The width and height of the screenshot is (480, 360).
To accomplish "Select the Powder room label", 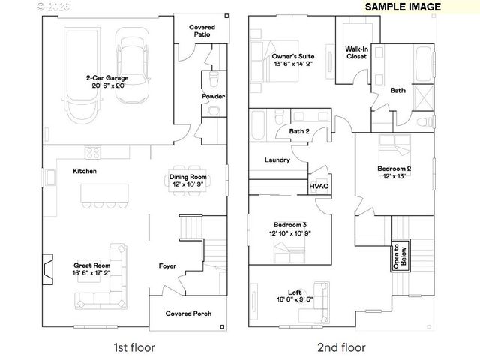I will [213, 97].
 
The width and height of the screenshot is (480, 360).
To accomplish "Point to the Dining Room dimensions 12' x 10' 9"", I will [187, 184].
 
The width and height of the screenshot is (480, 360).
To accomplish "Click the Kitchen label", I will [84, 172].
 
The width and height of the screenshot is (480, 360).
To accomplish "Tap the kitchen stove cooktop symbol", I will [94, 152].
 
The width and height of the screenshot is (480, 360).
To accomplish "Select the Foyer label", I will [167, 265].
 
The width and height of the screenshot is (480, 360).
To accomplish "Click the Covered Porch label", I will [188, 313].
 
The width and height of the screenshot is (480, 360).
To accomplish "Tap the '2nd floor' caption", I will [341, 347].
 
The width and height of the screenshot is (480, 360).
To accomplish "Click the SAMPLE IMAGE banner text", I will [403, 7].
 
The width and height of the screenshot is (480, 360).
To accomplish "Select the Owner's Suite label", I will [292, 56].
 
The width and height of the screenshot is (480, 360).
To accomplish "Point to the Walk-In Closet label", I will [356, 52].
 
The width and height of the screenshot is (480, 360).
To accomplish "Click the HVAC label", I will [319, 185].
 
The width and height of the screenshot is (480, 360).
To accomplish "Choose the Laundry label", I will [277, 160].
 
